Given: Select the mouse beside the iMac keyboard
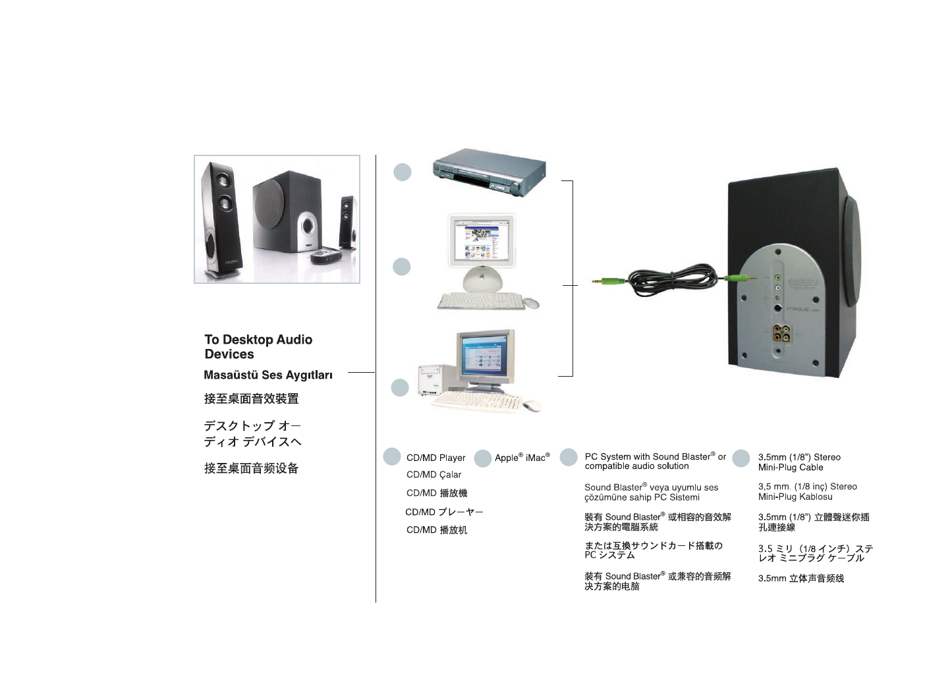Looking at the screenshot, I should point(531,303).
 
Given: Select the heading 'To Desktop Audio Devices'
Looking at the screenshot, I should point(258,347).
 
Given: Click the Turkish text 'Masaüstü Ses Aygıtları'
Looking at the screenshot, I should point(268,375).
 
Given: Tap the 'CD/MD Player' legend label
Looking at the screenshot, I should point(435,458).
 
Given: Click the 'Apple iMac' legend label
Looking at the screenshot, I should point(522,458).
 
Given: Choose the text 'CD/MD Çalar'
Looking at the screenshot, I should point(434,475).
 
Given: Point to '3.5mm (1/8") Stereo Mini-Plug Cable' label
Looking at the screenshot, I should point(798,462).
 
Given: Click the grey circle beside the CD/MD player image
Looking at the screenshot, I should point(402,173).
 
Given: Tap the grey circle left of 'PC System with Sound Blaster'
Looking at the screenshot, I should point(569,458).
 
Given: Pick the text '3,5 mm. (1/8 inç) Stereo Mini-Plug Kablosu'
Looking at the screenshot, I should point(807,492).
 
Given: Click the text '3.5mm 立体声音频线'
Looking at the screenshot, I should point(800,579).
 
